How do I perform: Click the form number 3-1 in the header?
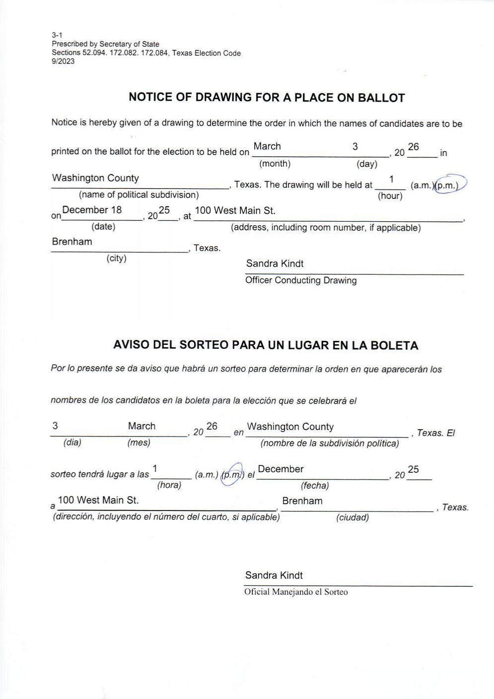click(56, 35)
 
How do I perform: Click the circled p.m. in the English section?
click(447, 185)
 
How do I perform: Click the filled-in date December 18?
click(92, 210)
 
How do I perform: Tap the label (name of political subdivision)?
click(139, 195)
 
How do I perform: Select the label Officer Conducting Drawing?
click(301, 280)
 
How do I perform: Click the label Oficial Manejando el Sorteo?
click(296, 592)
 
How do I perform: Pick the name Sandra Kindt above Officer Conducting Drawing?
click(275, 263)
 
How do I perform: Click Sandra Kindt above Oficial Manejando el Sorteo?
click(274, 575)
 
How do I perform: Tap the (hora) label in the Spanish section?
click(169, 485)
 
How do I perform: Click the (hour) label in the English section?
click(390, 196)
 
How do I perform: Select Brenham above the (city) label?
click(72, 242)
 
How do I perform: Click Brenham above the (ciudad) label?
click(302, 501)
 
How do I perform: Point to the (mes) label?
click(139, 443)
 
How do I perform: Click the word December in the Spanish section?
click(281, 469)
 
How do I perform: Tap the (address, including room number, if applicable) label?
click(326, 228)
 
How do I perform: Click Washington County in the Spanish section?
click(290, 427)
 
